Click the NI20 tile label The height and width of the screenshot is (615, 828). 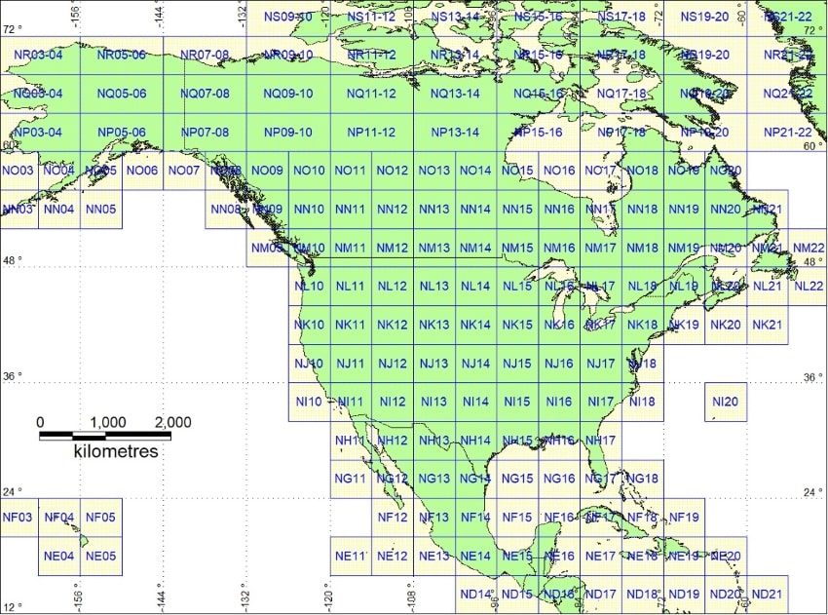[726, 402]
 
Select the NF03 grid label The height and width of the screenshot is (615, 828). [19, 518]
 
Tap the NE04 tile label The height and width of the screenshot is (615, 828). [59, 557]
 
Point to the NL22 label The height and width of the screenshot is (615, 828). [809, 286]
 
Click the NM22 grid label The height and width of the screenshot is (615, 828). [809, 248]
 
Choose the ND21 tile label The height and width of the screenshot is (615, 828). [768, 595]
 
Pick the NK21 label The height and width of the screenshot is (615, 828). [767, 325]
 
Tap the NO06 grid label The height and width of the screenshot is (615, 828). [142, 171]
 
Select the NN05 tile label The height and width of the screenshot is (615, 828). [100, 209]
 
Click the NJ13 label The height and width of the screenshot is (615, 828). [433, 364]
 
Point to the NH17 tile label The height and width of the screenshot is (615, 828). [601, 441]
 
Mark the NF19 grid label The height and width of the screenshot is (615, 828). [685, 518]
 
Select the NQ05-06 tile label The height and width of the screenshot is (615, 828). [122, 94]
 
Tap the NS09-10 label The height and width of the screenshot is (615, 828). [288, 17]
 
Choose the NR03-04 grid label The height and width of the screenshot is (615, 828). [38, 55]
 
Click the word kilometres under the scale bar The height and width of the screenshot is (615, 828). [116, 452]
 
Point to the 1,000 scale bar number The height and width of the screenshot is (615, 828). [107, 422]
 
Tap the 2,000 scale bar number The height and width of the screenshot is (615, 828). [171, 422]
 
